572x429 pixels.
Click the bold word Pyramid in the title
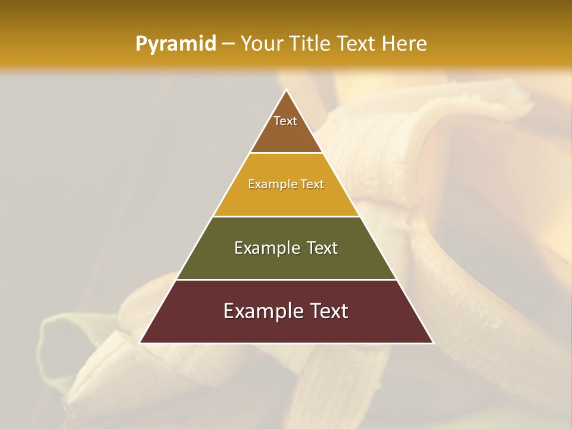point(175,44)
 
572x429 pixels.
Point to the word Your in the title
point(260,44)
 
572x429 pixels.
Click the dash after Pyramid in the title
point(228,44)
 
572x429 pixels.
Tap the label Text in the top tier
point(285,121)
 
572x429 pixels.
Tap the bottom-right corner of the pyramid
point(433,343)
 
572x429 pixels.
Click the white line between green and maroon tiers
point(286,279)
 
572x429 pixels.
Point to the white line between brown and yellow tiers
point(286,153)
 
